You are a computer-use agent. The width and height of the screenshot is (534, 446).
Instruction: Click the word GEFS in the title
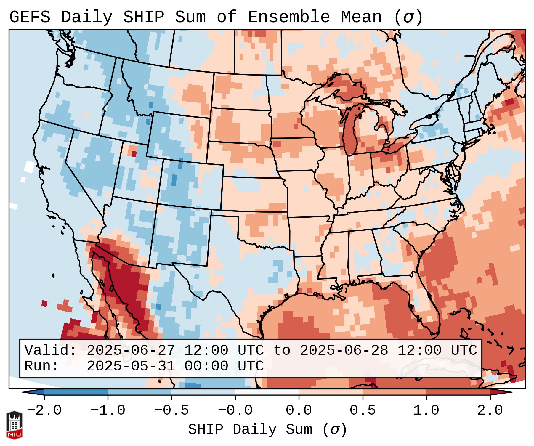(30, 17)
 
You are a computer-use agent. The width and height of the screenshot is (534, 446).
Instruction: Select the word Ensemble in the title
(288, 17)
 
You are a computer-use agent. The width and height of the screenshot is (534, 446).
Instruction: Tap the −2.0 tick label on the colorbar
(44, 410)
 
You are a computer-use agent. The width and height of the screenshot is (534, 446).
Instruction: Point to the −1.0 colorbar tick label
(108, 410)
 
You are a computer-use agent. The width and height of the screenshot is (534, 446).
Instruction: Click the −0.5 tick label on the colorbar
(171, 410)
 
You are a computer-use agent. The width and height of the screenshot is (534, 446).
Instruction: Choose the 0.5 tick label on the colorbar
(363, 410)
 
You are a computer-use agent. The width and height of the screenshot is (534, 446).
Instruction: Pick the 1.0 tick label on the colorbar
(426, 410)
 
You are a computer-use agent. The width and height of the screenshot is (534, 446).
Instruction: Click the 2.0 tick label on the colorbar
(490, 410)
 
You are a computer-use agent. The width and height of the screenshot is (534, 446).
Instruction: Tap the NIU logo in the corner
(14, 425)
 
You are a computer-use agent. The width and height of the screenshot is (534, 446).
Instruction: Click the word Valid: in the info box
(51, 350)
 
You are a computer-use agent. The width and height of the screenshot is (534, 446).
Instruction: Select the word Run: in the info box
(42, 366)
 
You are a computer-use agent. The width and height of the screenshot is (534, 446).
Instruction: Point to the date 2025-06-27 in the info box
(131, 350)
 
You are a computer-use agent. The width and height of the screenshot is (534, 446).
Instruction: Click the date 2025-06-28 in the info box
(344, 350)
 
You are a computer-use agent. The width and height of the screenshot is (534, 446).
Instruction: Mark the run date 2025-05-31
(131, 366)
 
